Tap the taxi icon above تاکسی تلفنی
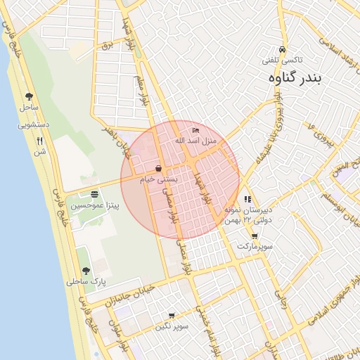point(282,50)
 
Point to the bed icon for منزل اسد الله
point(196,131)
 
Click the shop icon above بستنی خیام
point(159,169)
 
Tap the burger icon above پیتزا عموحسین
point(95,194)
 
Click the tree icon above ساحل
point(29,97)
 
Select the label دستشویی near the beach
point(33,124)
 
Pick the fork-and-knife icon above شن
point(39,140)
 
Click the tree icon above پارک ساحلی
point(86,271)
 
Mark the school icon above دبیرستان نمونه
point(247,200)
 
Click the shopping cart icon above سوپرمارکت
point(254,236)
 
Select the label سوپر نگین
point(172,326)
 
